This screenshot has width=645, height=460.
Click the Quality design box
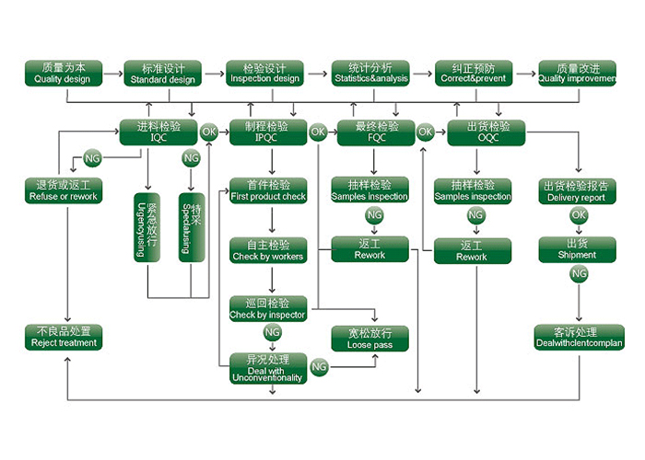pyautogui.click(x=63, y=74)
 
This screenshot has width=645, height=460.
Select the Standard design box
pyautogui.click(x=163, y=74)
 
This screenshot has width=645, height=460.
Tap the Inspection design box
pyautogui.click(x=265, y=74)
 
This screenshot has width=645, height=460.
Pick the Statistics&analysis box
pyautogui.click(x=370, y=74)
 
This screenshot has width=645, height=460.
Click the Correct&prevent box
pyautogui.click(x=473, y=74)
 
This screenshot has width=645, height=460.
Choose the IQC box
pyautogui.click(x=158, y=132)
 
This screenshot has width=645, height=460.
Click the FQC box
pyautogui.click(x=377, y=132)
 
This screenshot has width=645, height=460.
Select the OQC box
pyautogui.click(x=486, y=132)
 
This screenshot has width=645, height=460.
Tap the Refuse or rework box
pyautogui.click(x=64, y=190)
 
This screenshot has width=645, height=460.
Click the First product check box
pyautogui.click(x=268, y=190)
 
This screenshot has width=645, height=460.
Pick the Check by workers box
pyautogui.click(x=268, y=250)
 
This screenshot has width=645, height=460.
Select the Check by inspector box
pyautogui.click(x=268, y=309)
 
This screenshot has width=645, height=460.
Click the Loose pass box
pyautogui.click(x=369, y=338)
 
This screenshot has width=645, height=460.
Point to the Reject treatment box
pyautogui.click(x=64, y=338)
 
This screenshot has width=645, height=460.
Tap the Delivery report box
pyautogui.click(x=577, y=190)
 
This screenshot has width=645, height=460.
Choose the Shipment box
pyautogui.click(x=577, y=249)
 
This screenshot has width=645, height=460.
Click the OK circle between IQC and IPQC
pyautogui.click(x=209, y=132)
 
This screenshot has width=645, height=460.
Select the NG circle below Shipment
pyautogui.click(x=578, y=274)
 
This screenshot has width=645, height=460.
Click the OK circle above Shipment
pyautogui.click(x=578, y=215)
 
